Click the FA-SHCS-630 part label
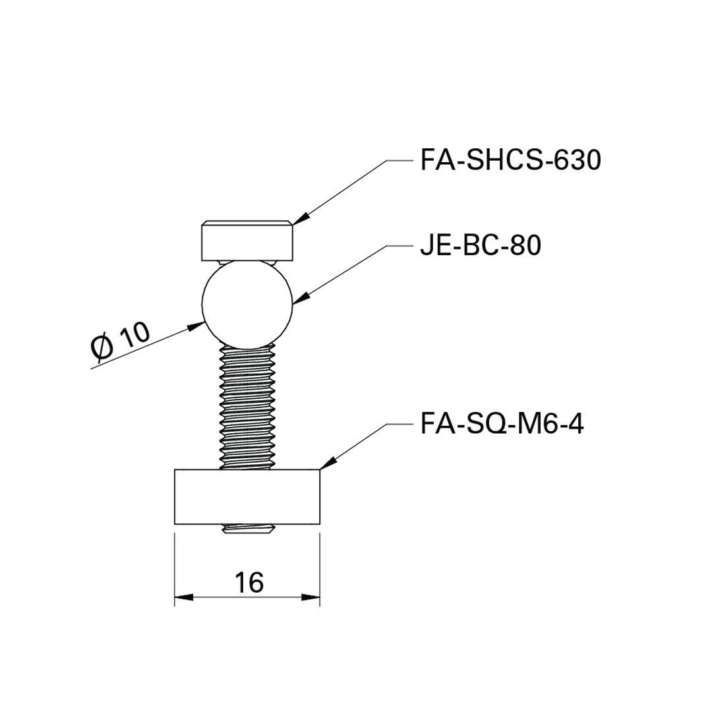pos(510,161)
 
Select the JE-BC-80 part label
pos(480,246)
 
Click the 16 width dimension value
pos(249,582)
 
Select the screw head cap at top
pos(247,241)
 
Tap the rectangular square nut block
pos(247,496)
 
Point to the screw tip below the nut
pos(247,529)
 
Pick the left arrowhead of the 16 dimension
pos(183,597)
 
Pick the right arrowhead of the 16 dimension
pos(311,597)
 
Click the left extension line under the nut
pos(175,567)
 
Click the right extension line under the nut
pos(320,567)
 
